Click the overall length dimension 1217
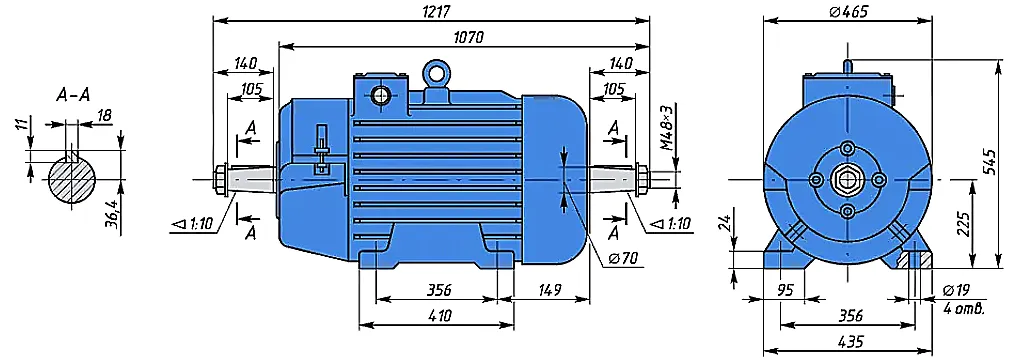[x=435, y=12]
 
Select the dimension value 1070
[x=468, y=37]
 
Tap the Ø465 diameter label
[x=847, y=12]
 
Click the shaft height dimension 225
[x=963, y=224]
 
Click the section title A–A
[x=73, y=95]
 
